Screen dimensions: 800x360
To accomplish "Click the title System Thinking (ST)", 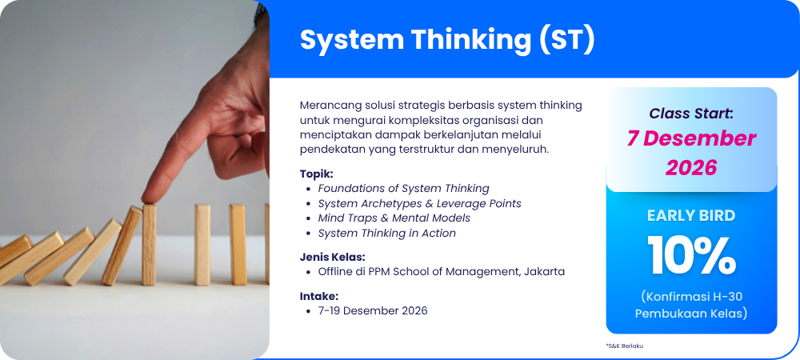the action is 447,40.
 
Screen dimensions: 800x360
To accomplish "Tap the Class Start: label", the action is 691,114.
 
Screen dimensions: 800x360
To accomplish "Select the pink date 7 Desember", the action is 691,138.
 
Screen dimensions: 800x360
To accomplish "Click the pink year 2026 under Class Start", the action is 691,167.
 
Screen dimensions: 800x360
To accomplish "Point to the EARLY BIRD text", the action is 691,216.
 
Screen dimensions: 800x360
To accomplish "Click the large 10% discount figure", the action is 691,255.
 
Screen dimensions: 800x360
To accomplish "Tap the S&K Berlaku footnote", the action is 625,346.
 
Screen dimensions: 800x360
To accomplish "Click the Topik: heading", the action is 316,174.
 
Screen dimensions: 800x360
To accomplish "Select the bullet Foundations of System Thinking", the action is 403,189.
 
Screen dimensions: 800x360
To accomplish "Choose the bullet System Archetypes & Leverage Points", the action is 419,203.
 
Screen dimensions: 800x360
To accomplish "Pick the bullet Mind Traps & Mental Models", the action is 394,218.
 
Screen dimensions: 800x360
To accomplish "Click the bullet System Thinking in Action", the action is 386,233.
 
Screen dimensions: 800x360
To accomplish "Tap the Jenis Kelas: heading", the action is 332,257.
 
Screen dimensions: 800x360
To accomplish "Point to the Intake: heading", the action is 319,296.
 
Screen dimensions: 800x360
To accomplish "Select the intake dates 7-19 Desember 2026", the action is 373,310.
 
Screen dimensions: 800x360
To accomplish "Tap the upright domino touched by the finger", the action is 150,245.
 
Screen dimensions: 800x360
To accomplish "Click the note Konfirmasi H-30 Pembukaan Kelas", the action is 691,305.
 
